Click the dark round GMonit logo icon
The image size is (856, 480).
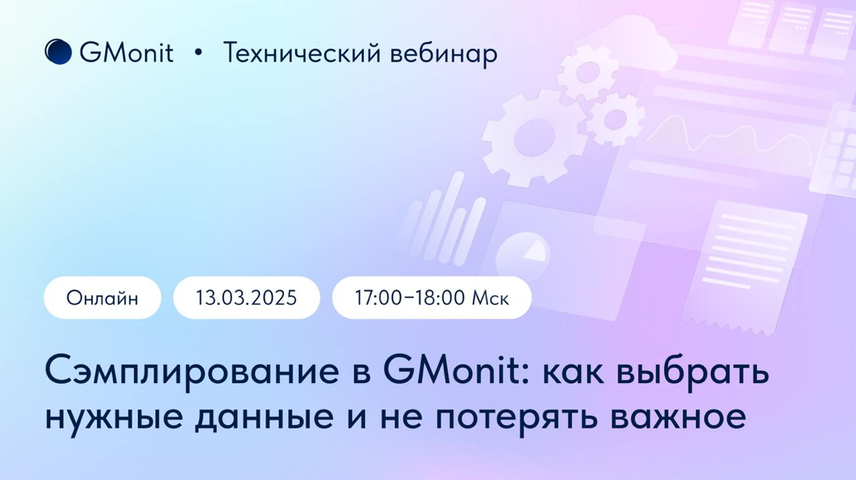[58, 52]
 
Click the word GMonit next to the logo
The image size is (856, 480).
[126, 53]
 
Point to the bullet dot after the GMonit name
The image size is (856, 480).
[198, 53]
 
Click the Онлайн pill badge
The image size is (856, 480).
[103, 297]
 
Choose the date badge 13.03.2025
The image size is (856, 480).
[247, 297]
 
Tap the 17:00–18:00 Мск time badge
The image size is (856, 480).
[432, 297]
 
